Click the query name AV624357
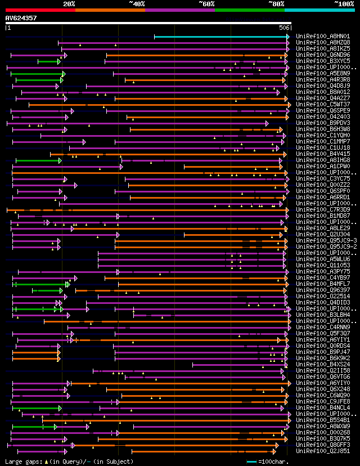(x=21, y=18)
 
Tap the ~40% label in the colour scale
(x=137, y=4)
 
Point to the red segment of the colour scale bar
(x=40, y=10)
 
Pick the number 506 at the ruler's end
(x=284, y=28)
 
